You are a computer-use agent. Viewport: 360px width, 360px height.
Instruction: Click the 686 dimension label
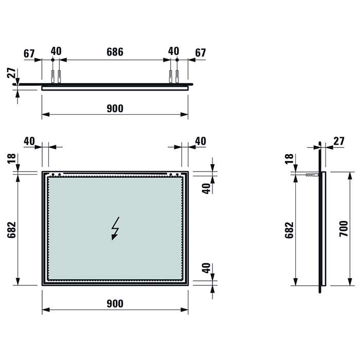[115, 51]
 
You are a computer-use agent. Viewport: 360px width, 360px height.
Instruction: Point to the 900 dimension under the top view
[115, 109]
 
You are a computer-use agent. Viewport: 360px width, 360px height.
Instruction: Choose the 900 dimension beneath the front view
[115, 303]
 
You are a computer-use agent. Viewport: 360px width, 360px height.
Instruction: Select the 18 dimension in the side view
[289, 159]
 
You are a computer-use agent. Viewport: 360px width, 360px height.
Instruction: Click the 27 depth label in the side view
[339, 141]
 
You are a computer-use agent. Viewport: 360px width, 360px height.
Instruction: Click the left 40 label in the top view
[56, 51]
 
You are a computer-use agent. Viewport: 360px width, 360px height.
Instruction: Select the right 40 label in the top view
[174, 51]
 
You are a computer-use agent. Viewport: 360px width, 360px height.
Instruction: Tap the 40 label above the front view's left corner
[29, 141]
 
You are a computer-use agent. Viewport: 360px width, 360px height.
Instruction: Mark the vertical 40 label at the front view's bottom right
[206, 268]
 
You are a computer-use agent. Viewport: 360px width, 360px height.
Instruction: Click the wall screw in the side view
[312, 175]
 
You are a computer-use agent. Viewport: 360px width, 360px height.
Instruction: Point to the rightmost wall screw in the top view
[177, 75]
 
